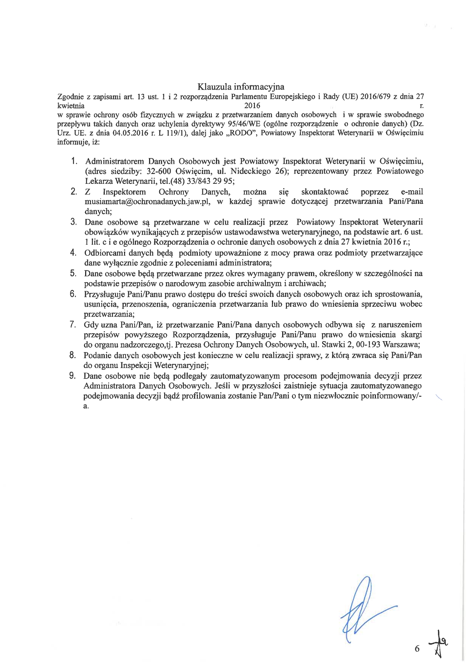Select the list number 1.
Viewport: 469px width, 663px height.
coord(74,161)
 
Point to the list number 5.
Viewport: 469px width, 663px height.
coord(73,273)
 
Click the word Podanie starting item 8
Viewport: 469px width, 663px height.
coord(97,355)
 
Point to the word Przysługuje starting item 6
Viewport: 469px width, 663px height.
coord(104,294)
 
